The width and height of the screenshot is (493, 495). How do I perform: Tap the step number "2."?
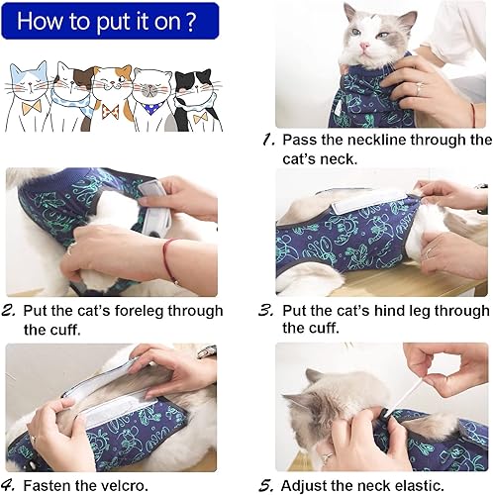(x=10, y=310)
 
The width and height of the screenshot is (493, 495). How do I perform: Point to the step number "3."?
(x=266, y=310)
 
